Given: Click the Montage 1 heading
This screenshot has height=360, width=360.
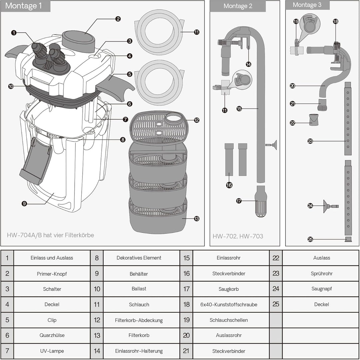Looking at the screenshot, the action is pyautogui.click(x=23, y=6).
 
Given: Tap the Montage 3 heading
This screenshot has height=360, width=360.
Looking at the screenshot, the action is pyautogui.click(x=307, y=5).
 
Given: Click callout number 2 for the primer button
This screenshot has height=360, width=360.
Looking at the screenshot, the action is pyautogui.click(x=118, y=19).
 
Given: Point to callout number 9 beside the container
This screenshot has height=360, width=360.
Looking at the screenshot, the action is pyautogui.click(x=24, y=203).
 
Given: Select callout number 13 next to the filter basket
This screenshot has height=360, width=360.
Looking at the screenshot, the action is pyautogui.click(x=197, y=218).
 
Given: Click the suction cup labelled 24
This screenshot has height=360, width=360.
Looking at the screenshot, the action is pyautogui.click(x=331, y=206).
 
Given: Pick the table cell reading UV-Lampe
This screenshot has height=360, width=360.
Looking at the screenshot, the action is pyautogui.click(x=52, y=351).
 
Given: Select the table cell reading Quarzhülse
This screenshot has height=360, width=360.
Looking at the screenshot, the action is pyautogui.click(x=52, y=335).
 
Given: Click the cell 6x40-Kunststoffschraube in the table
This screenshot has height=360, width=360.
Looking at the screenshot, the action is pyautogui.click(x=229, y=305).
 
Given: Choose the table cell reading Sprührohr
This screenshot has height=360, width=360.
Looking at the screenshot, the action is pyautogui.click(x=321, y=274).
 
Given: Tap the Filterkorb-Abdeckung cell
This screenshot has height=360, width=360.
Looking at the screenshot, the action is pyautogui.click(x=139, y=320).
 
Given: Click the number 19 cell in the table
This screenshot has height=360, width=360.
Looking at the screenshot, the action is pyautogui.click(x=186, y=320).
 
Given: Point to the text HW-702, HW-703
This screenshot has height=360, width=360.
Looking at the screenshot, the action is pyautogui.click(x=238, y=236).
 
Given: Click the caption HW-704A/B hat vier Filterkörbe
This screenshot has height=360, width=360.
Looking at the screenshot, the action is pyautogui.click(x=50, y=235).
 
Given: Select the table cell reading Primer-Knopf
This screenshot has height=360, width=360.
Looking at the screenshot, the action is pyautogui.click(x=52, y=274).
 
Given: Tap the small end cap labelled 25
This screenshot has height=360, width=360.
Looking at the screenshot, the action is pyautogui.click(x=348, y=240).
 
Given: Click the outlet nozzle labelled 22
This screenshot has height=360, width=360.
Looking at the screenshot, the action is pyautogui.click(x=314, y=120).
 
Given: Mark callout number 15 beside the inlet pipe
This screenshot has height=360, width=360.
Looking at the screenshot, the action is pyautogui.click(x=239, y=109).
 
